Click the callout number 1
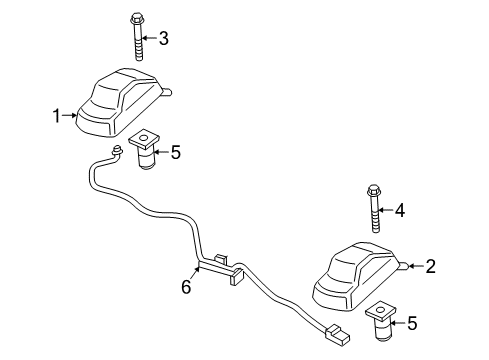click(57, 116)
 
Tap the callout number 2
click(431, 266)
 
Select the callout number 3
click(163, 38)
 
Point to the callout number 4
click(400, 210)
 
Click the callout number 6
click(186, 287)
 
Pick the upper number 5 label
click(175, 152)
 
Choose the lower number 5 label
click(412, 323)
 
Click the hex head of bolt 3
click(136, 18)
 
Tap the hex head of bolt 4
click(373, 190)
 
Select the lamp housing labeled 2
click(357, 277)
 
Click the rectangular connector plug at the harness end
click(337, 335)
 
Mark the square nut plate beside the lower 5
click(381, 311)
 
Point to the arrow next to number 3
click(149, 38)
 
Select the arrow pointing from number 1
click(70, 115)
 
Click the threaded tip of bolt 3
click(139, 58)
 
